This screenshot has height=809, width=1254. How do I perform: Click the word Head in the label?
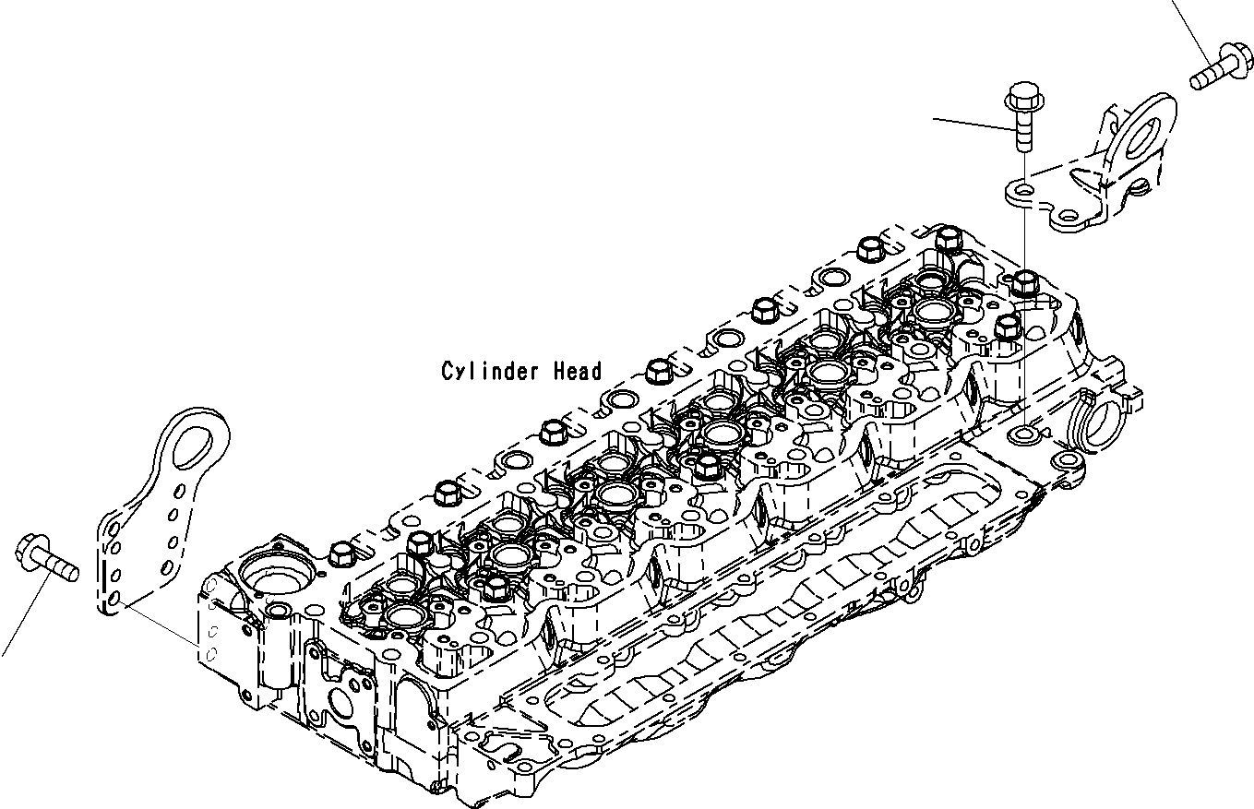click(x=578, y=371)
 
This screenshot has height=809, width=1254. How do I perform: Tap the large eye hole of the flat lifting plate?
click(x=196, y=440)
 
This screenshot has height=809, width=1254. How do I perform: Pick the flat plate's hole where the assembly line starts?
click(x=113, y=601)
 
